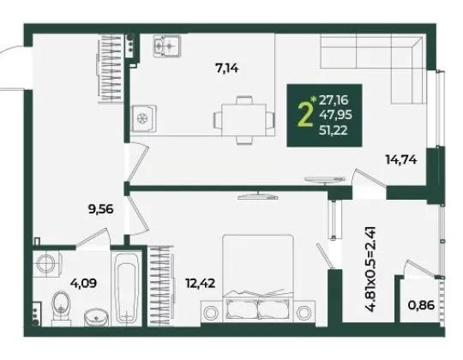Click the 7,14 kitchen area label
(x=227, y=69)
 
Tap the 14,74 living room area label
(x=401, y=160)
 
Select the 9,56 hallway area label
(x=100, y=209)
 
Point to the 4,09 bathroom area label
(x=83, y=284)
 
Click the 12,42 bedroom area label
(x=200, y=284)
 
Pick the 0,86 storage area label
(x=421, y=305)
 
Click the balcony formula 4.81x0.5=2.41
(x=370, y=269)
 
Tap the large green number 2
(x=305, y=115)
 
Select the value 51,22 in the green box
(x=333, y=130)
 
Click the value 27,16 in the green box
(x=334, y=100)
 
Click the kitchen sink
(x=167, y=45)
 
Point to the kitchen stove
(x=144, y=118)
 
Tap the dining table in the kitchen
(x=244, y=120)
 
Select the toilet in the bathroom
(x=62, y=309)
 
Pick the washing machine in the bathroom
(x=47, y=263)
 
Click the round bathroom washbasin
(x=96, y=317)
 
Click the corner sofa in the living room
(x=374, y=68)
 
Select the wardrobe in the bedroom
(x=160, y=286)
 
